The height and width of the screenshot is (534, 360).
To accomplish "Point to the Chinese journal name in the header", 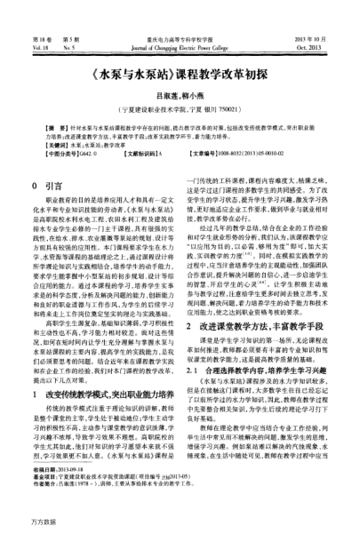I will point(181,14).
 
